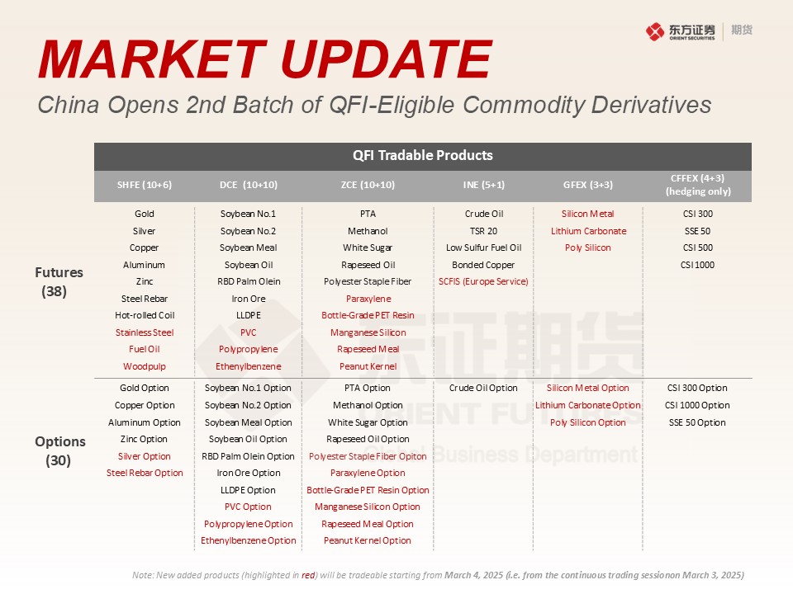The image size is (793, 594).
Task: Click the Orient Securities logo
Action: point(698,31)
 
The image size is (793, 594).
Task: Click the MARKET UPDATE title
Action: point(264,59)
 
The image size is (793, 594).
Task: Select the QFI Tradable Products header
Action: point(422,155)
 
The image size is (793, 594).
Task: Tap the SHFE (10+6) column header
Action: point(145,185)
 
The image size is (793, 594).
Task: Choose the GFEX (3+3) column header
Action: point(589,185)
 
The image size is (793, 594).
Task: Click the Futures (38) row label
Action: point(59,281)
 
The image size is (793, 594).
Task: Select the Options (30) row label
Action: point(59,451)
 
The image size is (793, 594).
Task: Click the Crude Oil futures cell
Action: point(483,214)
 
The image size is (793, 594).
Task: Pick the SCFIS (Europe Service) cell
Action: point(483,281)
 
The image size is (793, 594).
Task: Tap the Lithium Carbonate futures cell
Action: point(589,231)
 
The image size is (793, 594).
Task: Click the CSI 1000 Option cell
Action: point(697,405)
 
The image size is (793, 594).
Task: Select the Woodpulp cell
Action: point(145,366)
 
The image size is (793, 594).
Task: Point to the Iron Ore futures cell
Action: point(249,299)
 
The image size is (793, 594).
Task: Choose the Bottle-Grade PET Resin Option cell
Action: point(368,490)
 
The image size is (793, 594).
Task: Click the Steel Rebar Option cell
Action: point(145,473)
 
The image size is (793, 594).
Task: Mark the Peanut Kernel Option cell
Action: point(368,540)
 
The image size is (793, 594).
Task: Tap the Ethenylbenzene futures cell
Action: point(249,366)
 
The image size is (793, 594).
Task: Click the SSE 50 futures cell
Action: point(697,231)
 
